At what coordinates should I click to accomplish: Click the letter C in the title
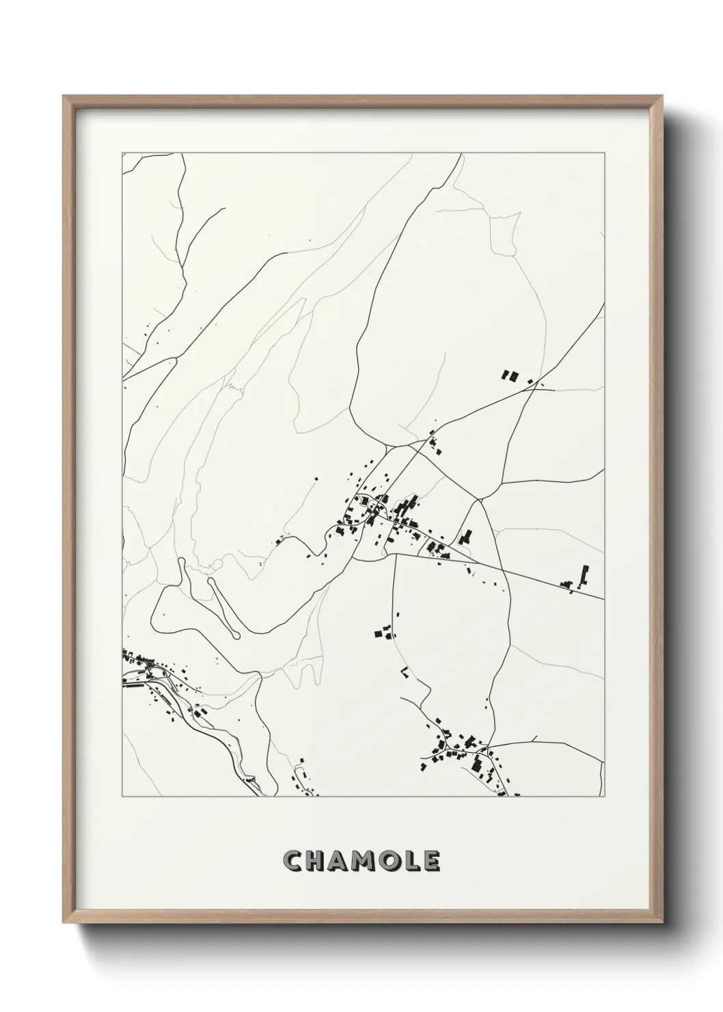294,861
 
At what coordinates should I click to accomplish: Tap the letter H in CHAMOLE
316,861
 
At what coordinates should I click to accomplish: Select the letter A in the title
339,861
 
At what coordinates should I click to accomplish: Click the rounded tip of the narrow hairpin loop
236,635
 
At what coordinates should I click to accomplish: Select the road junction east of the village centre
481,500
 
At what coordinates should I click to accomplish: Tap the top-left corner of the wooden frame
64,96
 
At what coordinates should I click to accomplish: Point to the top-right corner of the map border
603,152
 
